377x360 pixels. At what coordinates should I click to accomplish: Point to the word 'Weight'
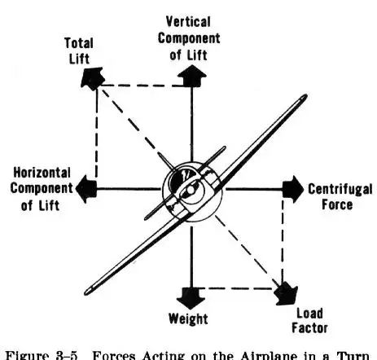pos(188,318)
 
